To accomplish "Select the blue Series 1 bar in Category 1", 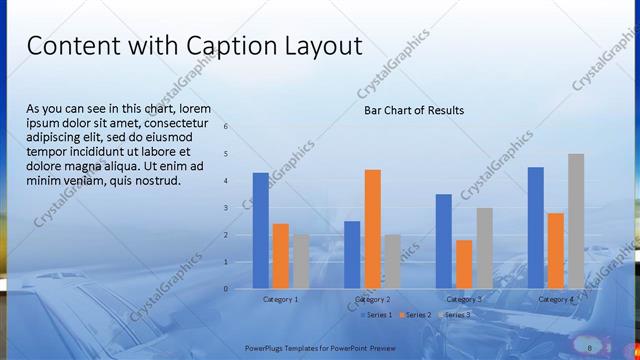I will [x=260, y=230].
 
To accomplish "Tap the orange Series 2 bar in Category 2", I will [x=372, y=229].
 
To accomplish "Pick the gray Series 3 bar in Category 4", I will [x=576, y=221].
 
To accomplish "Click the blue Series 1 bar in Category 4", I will [x=536, y=227].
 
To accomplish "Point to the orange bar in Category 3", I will [x=464, y=264].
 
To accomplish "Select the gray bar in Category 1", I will [x=300, y=261].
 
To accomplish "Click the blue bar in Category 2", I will [x=352, y=254].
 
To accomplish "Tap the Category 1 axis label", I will [x=280, y=299].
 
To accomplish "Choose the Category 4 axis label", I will [x=556, y=299].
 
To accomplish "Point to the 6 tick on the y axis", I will [x=226, y=127].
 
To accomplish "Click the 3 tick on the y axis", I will [x=226, y=208].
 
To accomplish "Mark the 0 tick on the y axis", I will [x=226, y=289].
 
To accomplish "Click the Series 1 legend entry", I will [x=376, y=315].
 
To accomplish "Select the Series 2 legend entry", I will [x=416, y=315].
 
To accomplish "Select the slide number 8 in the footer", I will [x=590, y=347].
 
